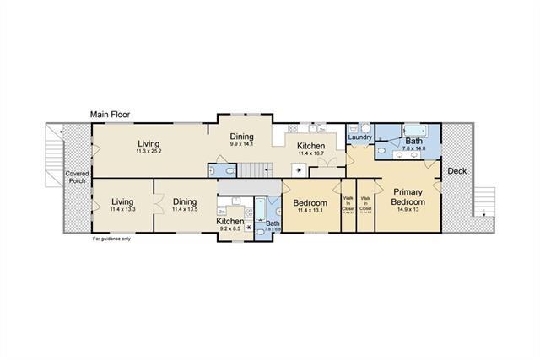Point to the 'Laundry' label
point(359,137)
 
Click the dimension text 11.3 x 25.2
point(148,152)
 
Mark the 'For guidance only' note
point(112,239)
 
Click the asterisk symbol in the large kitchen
point(297,169)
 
